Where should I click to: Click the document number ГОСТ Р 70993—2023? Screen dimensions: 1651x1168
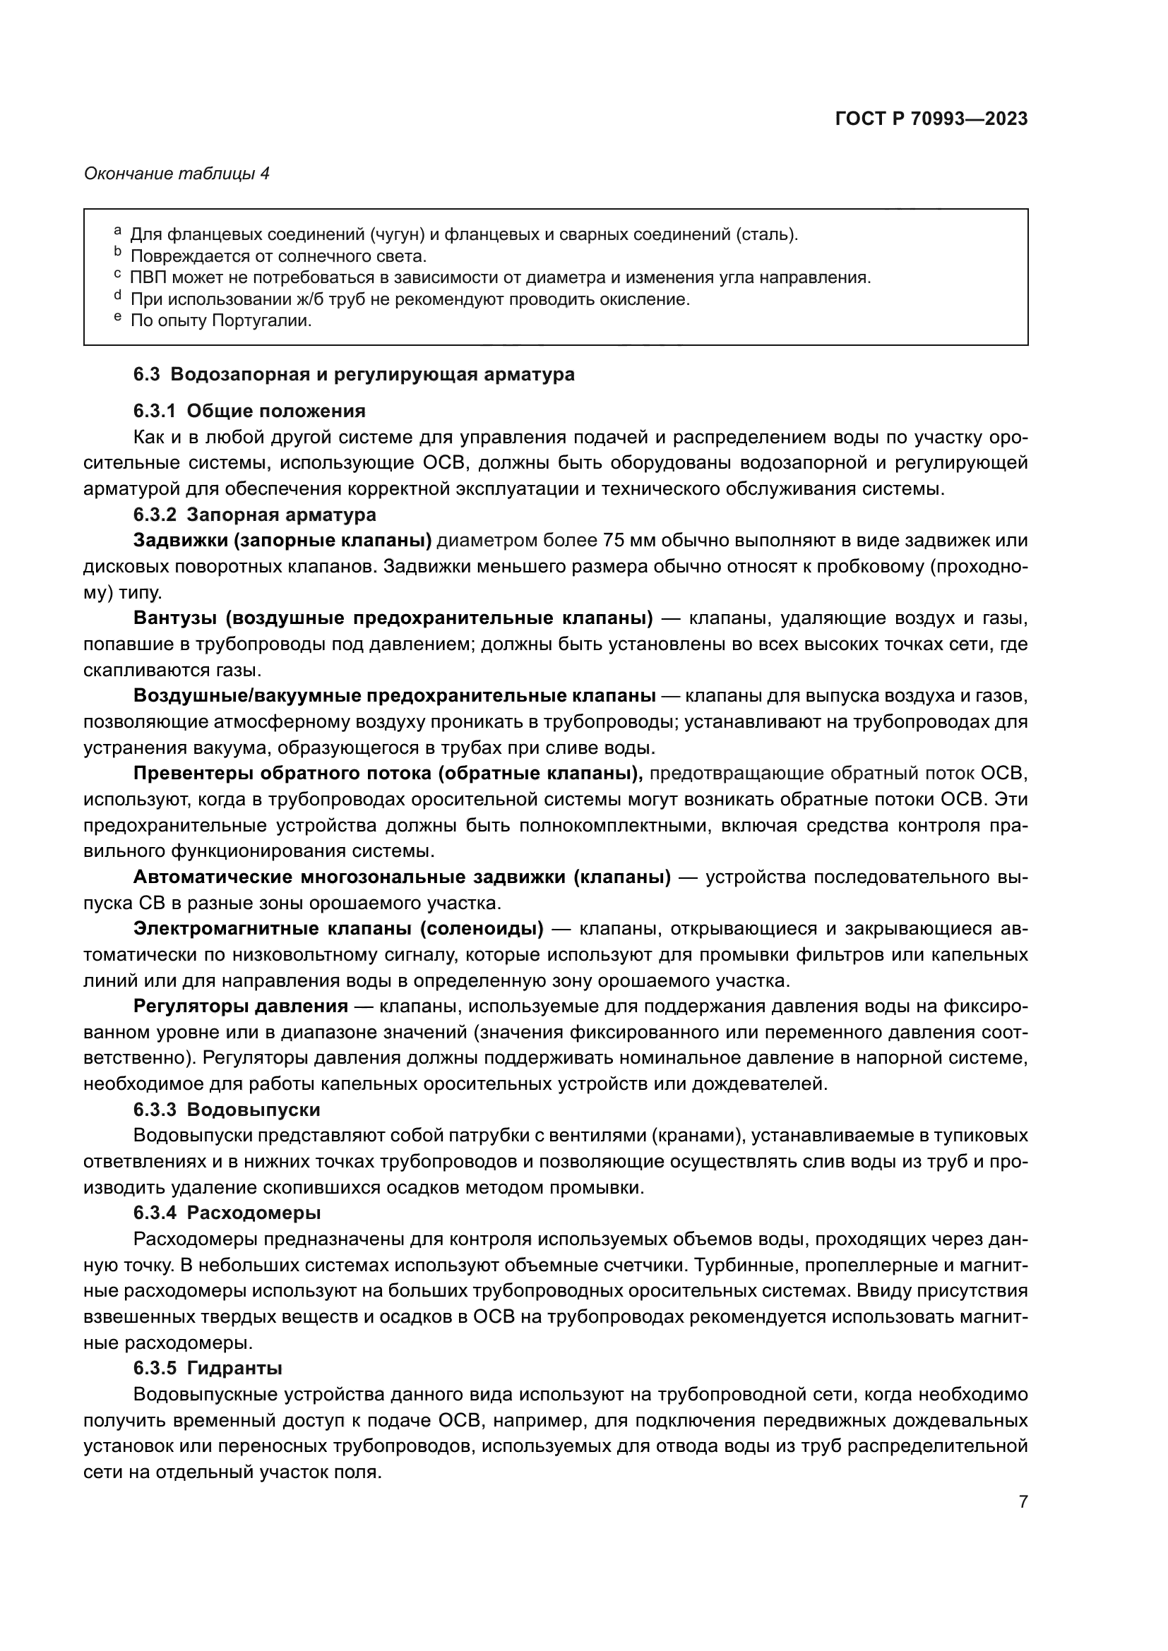click(931, 119)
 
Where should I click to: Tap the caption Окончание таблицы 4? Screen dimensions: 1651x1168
click(177, 174)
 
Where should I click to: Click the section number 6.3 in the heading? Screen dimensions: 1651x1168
click(148, 375)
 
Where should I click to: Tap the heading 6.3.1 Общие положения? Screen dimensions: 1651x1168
click(249, 411)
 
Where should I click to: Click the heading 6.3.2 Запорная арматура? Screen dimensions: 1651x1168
click(254, 515)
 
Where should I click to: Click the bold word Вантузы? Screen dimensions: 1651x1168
click(174, 618)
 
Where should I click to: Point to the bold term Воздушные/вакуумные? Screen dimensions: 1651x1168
click(247, 695)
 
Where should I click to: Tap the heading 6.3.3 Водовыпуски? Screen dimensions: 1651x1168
click(227, 1110)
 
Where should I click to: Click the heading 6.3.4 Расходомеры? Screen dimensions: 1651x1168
click(227, 1213)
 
